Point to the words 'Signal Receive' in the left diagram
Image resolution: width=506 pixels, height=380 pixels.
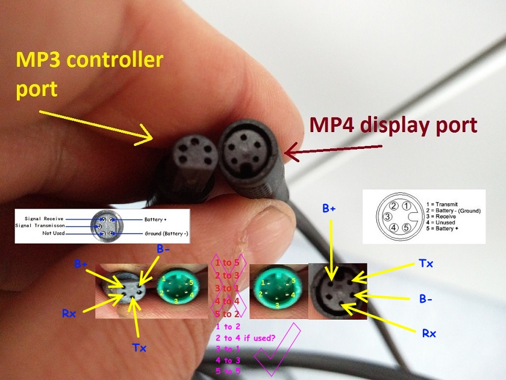pyautogui.click(x=45, y=218)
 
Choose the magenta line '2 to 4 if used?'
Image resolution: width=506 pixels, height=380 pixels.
pyautogui.click(x=246, y=338)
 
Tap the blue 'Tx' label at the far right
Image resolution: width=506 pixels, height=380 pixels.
pyautogui.click(x=426, y=264)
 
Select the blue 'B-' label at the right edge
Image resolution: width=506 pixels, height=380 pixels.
pyautogui.click(x=426, y=297)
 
